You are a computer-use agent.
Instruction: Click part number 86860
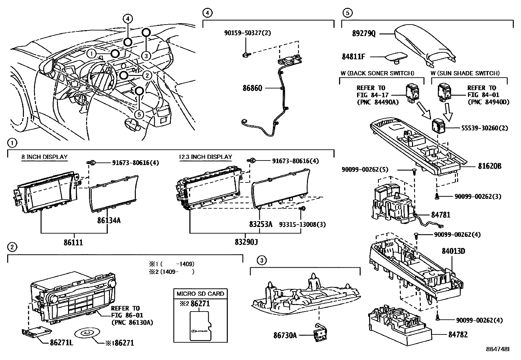point(252,88)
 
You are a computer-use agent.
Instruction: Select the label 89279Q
point(364,34)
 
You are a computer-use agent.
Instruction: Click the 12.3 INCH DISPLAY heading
point(205,157)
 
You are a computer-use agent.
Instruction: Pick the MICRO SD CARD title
point(200,294)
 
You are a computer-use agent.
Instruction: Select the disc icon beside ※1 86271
point(86,333)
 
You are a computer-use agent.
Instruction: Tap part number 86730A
point(285,335)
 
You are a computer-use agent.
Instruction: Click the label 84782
point(458,335)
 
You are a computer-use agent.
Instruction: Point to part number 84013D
point(453,251)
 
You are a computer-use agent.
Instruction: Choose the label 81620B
point(489,166)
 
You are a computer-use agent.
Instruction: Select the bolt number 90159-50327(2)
point(248,33)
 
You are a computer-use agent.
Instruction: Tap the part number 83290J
point(246,243)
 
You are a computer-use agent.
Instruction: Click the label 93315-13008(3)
point(302,224)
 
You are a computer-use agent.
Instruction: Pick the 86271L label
point(61,343)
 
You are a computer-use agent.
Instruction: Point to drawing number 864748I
point(498,350)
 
